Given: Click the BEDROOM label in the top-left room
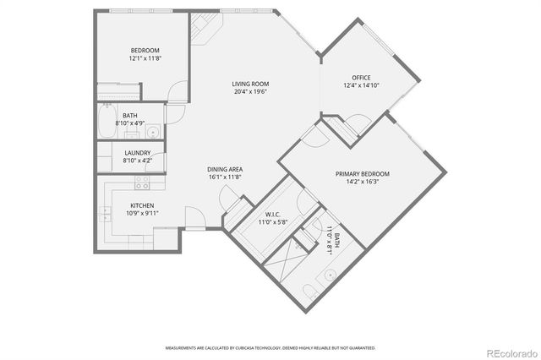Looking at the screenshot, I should (x=139, y=50).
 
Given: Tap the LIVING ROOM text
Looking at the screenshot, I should (x=251, y=84).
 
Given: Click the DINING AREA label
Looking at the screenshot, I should (x=225, y=169).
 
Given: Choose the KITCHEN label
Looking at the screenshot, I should (x=141, y=205).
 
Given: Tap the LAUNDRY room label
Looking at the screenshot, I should (x=137, y=153).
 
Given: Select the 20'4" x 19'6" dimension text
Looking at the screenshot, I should (x=251, y=92).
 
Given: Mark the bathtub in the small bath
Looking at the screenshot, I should (x=107, y=123).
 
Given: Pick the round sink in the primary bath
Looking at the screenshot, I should (x=331, y=273).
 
